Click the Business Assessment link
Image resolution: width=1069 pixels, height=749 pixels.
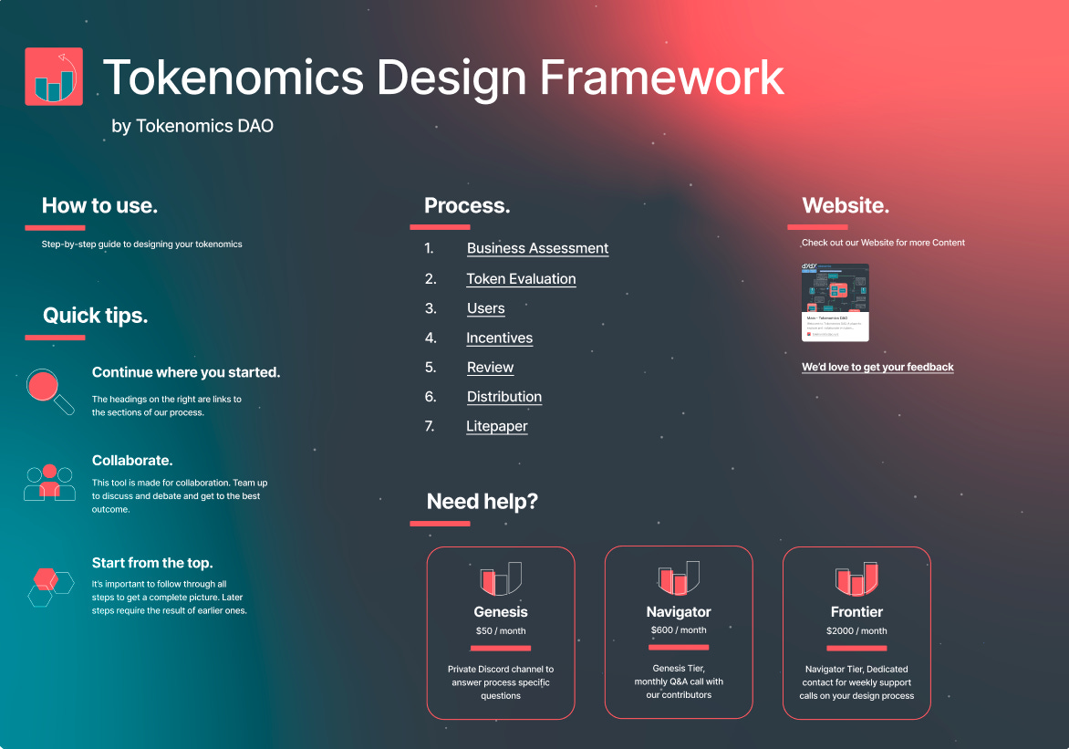537,248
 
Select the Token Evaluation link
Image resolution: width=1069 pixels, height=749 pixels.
521,279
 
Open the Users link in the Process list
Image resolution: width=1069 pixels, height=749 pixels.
485,308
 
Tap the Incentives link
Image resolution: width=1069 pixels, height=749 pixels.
499,338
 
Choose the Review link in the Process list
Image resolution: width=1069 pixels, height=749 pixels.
490,368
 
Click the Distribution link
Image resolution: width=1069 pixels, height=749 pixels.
503,397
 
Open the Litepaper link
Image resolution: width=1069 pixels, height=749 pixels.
496,426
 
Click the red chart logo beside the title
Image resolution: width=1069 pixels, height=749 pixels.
54,77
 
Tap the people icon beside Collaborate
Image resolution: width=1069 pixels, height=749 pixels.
49,483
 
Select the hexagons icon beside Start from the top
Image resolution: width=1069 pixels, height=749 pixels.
50,586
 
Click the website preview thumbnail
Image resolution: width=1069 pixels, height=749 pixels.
835,302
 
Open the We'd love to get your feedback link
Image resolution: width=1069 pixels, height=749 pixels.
877,367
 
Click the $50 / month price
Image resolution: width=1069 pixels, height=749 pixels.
501,631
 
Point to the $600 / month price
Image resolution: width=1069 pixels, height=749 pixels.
679,630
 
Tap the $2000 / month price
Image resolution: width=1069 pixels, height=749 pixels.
856,631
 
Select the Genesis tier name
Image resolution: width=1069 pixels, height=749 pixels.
501,612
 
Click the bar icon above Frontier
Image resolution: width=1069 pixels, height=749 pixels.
856,578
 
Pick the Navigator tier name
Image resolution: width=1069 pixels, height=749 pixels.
679,612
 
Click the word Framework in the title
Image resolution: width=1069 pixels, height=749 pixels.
662,78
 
